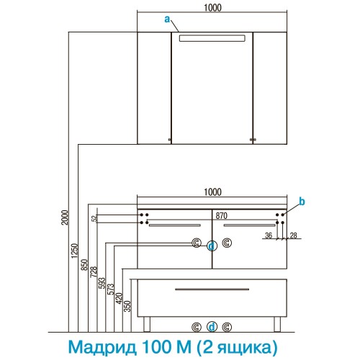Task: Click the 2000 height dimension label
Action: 65,217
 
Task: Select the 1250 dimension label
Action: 75,251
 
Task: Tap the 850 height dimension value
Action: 84,265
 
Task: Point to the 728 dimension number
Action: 94,272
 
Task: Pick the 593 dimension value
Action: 102,283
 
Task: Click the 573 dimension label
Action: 111,289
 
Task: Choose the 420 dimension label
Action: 119,298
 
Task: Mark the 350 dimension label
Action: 127,306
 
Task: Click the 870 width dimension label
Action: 221,216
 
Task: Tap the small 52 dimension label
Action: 95,218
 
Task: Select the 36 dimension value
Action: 269,235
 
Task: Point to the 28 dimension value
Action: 294,235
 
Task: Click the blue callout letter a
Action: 167,19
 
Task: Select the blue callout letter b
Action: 302,202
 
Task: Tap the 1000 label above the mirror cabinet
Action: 212,8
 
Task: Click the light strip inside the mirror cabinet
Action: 212,38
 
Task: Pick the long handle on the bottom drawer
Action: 212,289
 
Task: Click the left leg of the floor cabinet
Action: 147,324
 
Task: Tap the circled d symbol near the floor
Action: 212,327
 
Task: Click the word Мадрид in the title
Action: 102,347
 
